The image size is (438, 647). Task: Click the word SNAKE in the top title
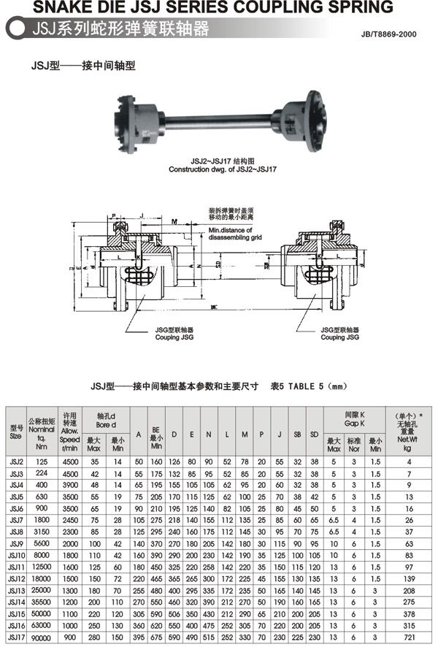coord(39,7)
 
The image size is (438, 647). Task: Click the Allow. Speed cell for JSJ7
coord(70,519)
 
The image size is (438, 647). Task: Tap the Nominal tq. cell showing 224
coord(41,472)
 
